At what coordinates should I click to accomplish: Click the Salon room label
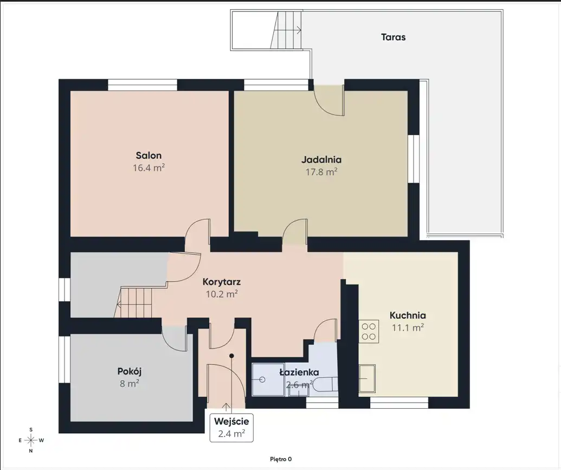[149, 156]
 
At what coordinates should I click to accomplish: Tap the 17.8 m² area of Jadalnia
[321, 172]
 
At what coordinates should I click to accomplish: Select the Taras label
[393, 37]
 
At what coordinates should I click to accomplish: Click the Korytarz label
[222, 282]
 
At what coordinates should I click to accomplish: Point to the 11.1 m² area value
[408, 327]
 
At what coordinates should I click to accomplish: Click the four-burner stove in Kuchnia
[369, 331]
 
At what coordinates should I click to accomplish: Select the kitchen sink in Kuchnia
[367, 378]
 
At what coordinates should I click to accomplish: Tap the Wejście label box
[231, 427]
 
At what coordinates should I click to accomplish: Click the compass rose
[31, 440]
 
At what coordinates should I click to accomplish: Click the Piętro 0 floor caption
[281, 459]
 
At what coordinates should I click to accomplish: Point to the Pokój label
[130, 371]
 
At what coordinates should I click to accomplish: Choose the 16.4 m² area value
[149, 168]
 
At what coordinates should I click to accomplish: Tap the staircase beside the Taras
[286, 30]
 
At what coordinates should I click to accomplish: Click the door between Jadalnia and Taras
[329, 101]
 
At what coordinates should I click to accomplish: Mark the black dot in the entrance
[231, 356]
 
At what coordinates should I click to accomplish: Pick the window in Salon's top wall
[143, 85]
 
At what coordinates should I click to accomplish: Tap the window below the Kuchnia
[399, 403]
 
